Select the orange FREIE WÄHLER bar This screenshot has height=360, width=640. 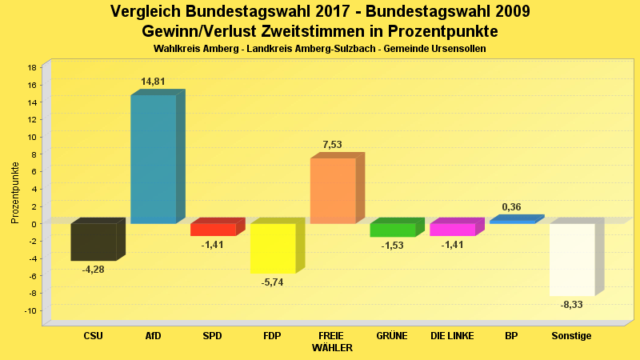pyautogui.click(x=332, y=190)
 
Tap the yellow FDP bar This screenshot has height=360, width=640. pyautogui.click(x=273, y=248)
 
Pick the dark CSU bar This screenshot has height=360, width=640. pyautogui.click(x=93, y=242)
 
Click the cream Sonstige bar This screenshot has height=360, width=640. pyautogui.click(x=571, y=259)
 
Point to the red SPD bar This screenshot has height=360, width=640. pyautogui.click(x=213, y=230)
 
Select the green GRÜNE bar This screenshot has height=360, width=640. pyautogui.click(x=392, y=230)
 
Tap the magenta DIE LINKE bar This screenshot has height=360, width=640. pyautogui.click(x=452, y=230)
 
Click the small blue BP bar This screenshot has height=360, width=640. pyautogui.click(x=512, y=222)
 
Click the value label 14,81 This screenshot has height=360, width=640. pyautogui.click(x=153, y=82)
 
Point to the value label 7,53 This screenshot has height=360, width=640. pyautogui.click(x=332, y=145)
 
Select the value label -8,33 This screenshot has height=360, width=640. pyautogui.click(x=571, y=305)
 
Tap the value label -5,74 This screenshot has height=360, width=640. pyautogui.click(x=273, y=282)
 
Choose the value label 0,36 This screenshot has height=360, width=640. pyautogui.click(x=512, y=207)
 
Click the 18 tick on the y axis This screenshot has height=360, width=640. pyautogui.click(x=32, y=68)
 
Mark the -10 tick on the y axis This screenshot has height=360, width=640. pyautogui.click(x=30, y=310)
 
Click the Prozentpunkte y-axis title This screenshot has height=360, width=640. pyautogui.click(x=15, y=193)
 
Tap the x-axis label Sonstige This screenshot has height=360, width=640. pyautogui.click(x=571, y=336)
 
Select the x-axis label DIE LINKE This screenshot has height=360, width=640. pyautogui.click(x=452, y=336)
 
